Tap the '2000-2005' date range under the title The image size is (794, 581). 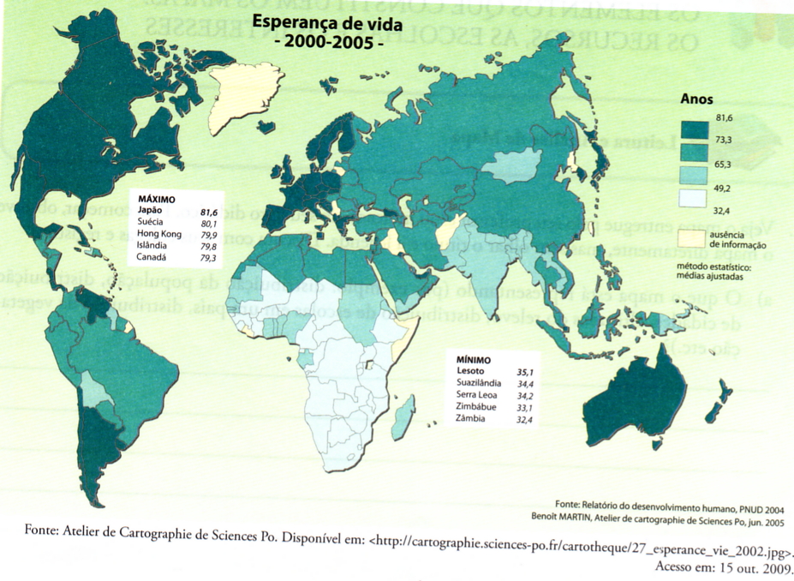click(x=327, y=43)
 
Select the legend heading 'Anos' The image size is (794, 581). click(x=696, y=99)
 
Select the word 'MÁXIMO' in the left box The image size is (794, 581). click(x=156, y=199)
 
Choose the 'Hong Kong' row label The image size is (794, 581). click(x=159, y=234)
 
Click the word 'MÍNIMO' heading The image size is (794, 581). click(x=473, y=360)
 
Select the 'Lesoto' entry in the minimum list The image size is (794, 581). click(x=470, y=371)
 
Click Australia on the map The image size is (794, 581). click(x=660, y=404)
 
